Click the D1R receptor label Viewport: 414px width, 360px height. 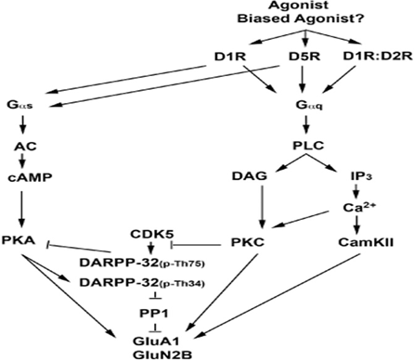click(230, 57)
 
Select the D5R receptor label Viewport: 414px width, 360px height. click(304, 57)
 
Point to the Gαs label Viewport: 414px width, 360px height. click(20, 105)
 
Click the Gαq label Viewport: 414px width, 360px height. click(309, 105)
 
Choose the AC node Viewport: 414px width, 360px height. click(25, 146)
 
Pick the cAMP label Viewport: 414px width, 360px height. click(30, 177)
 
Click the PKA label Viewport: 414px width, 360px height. click(19, 240)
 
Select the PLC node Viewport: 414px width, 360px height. click(308, 146)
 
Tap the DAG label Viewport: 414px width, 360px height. click(250, 176)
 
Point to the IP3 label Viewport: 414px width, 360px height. click(361, 176)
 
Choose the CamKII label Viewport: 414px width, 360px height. click(366, 242)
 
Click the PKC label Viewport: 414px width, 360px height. click(248, 242)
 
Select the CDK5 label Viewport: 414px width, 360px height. click(152, 234)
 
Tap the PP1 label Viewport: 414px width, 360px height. click(154, 314)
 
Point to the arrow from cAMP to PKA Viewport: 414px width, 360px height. click(21, 210)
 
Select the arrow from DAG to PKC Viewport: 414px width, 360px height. click(263, 207)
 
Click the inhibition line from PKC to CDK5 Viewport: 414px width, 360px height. click(196, 245)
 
